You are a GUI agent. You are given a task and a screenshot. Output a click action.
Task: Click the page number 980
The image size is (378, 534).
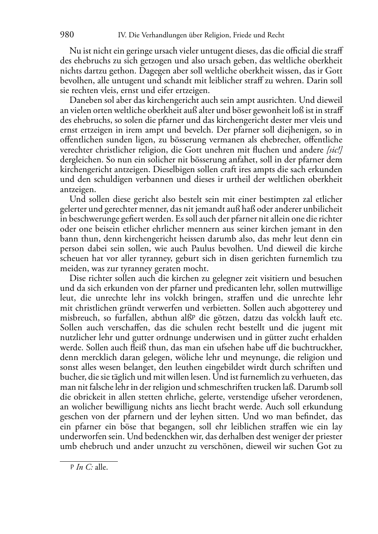tap(67, 35)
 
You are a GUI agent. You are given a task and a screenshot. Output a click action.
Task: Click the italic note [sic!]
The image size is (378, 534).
tap(334, 150)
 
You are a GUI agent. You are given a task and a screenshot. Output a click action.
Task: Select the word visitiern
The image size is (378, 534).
tap(278, 278)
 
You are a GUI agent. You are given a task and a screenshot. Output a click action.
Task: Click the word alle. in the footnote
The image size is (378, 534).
tap(101, 468)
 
